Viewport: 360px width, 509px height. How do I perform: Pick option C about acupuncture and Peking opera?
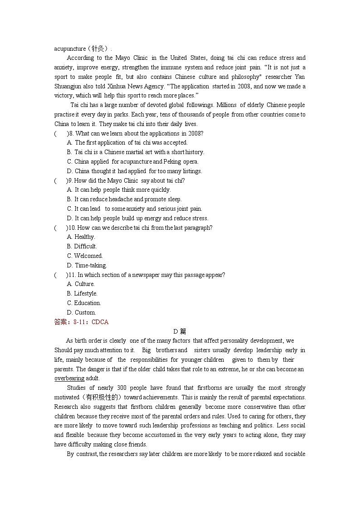point(132,161)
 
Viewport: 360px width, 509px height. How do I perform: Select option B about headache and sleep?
point(124,199)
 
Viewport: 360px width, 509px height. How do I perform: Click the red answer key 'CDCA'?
point(100,322)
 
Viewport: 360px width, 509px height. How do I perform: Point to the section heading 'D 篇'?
point(180,331)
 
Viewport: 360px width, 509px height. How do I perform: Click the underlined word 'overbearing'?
point(69,378)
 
